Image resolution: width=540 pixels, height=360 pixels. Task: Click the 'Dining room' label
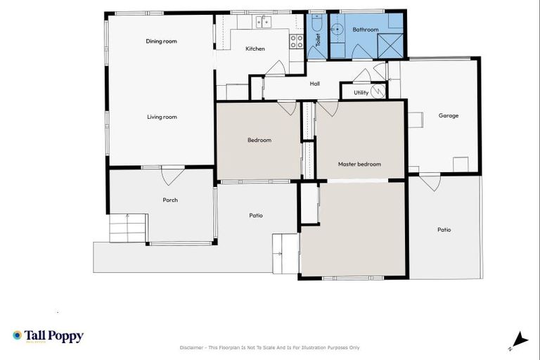click(x=161, y=41)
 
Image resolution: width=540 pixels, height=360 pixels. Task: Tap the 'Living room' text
click(x=162, y=117)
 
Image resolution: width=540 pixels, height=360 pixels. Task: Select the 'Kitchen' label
click(x=255, y=49)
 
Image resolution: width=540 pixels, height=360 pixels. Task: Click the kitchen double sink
click(x=263, y=22)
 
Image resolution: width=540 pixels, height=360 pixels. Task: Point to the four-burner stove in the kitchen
click(x=297, y=41)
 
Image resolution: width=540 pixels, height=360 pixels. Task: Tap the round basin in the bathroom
click(x=337, y=29)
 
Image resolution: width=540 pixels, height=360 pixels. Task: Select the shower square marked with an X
click(x=390, y=44)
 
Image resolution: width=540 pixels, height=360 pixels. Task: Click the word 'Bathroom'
click(x=366, y=30)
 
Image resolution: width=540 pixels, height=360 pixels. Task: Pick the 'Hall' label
click(x=315, y=84)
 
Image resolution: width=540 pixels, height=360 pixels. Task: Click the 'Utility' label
click(x=361, y=92)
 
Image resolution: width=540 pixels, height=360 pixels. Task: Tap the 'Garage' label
click(x=448, y=115)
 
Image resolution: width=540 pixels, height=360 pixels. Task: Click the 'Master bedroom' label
click(x=359, y=164)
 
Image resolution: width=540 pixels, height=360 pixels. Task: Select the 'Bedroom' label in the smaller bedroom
click(x=259, y=140)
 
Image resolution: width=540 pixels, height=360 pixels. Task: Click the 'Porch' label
click(x=170, y=200)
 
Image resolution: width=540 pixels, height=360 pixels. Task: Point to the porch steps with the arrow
click(x=127, y=227)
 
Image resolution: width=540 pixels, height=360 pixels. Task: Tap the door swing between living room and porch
click(x=172, y=175)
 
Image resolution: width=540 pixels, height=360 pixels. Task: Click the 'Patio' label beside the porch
click(x=256, y=215)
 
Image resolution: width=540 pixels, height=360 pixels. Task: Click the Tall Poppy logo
click(x=48, y=336)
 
